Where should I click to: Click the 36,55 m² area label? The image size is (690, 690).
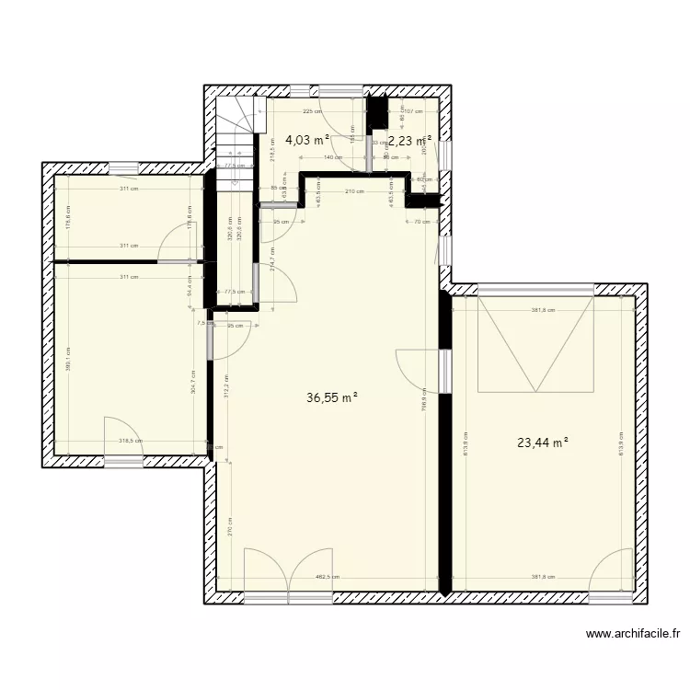331,398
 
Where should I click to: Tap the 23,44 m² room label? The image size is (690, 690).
543,443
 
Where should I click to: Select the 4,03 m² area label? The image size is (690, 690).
307,140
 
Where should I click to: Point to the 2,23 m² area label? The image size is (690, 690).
409,141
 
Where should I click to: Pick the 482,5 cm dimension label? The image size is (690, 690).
328,578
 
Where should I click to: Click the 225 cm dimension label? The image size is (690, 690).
312,111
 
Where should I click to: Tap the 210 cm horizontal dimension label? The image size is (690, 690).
354,191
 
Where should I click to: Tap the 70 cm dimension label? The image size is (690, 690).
422,221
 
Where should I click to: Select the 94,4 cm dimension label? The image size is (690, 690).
189,286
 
